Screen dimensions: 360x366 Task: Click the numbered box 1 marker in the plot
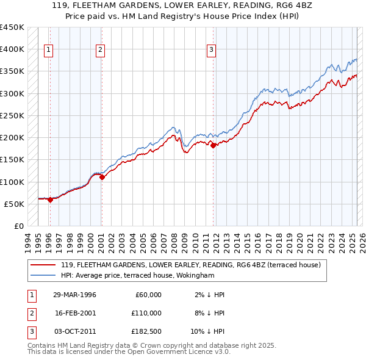(x=48, y=51)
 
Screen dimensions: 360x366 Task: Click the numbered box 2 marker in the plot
(x=99, y=51)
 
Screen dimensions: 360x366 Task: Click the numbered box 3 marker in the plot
(x=211, y=51)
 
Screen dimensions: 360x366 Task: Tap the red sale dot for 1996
(x=50, y=200)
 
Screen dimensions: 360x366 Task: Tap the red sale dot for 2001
(x=102, y=178)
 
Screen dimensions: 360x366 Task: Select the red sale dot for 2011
(x=213, y=145)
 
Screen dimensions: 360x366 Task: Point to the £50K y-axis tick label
(x=14, y=204)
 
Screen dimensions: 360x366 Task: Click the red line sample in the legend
(x=44, y=265)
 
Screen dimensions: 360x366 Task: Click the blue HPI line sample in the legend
(x=44, y=275)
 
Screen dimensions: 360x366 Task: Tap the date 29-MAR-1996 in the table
(x=74, y=295)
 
